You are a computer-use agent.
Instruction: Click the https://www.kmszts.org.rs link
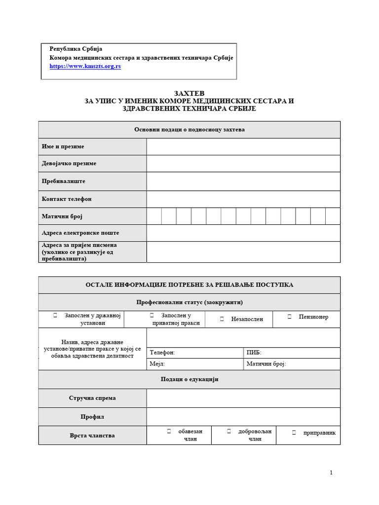85,66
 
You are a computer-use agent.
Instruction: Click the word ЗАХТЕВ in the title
189,93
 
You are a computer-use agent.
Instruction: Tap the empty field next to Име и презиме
243,146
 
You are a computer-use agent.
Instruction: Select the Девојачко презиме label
69,163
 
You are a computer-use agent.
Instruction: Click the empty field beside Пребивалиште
243,181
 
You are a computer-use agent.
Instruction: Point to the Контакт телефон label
67,199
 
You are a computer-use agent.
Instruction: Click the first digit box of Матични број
154,216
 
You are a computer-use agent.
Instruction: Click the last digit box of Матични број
333,216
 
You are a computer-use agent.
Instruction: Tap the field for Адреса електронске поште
243,233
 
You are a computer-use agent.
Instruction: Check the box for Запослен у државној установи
56,315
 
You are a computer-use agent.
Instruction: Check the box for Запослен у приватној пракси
152,315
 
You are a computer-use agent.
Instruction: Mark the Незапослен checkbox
222,319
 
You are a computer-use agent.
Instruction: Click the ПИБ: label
254,353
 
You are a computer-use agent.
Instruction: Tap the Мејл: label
157,364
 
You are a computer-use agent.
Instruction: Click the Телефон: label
162,353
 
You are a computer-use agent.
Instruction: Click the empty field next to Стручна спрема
243,398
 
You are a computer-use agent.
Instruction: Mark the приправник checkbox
294,433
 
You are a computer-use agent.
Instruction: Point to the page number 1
331,473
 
